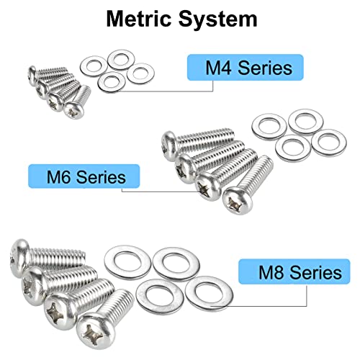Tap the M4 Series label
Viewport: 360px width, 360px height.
[246, 68]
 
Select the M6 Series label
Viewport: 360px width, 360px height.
[84, 176]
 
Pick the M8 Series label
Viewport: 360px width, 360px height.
[294, 271]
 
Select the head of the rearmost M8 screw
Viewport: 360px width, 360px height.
[19, 258]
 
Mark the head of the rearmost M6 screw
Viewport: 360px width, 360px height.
[169, 145]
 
